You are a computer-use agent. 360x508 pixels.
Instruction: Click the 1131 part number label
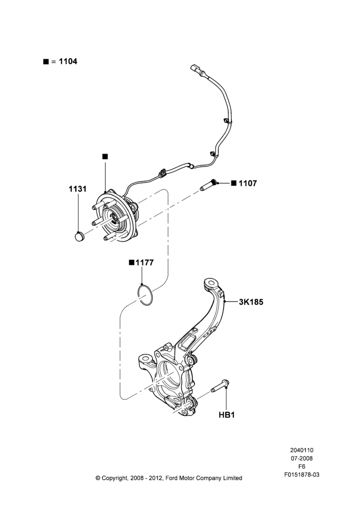tap(77, 188)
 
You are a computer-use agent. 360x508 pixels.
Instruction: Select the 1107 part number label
tap(248, 183)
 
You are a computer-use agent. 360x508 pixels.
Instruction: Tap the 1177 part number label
tap(144, 263)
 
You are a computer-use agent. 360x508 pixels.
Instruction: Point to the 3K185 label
tap(251, 302)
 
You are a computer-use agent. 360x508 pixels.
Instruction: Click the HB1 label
tap(227, 415)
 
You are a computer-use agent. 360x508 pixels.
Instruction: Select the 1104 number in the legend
tap(68, 61)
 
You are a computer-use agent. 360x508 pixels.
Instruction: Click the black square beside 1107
tap(234, 183)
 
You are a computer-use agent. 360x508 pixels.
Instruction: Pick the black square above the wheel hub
tap(105, 156)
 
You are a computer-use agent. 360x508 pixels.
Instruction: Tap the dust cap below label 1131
tap(79, 236)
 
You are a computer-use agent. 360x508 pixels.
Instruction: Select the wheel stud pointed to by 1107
tap(208, 185)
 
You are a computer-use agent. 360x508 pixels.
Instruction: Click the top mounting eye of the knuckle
tap(211, 283)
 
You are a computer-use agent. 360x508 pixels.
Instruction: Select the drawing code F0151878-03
tap(302, 474)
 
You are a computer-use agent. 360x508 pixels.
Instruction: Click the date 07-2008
tap(302, 458)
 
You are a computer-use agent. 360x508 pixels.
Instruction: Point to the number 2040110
tap(302, 450)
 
